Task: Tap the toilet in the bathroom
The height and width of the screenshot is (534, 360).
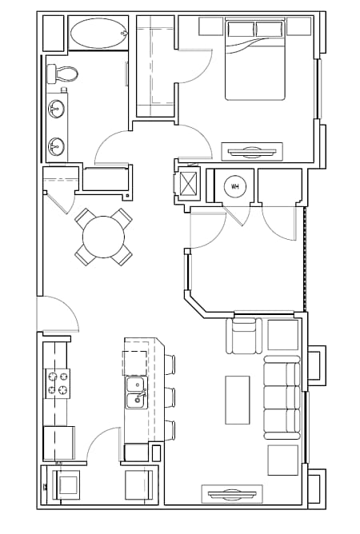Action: pyautogui.click(x=62, y=74)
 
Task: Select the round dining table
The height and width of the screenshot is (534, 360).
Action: pyautogui.click(x=104, y=237)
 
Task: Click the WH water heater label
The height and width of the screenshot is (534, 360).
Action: pyautogui.click(x=235, y=187)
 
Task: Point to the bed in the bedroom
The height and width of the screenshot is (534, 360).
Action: pyautogui.click(x=254, y=62)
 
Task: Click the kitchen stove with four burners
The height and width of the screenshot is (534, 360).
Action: pyautogui.click(x=58, y=383)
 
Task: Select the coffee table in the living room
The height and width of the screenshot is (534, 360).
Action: pyautogui.click(x=238, y=399)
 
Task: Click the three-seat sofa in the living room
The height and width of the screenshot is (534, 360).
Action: pyautogui.click(x=282, y=397)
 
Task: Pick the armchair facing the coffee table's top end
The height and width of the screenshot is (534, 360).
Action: pyautogui.click(x=245, y=336)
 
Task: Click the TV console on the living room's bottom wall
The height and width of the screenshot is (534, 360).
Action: pyautogui.click(x=235, y=493)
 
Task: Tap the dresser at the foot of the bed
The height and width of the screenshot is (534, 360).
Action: pyautogui.click(x=252, y=150)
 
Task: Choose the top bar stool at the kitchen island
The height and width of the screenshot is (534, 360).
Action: pyautogui.click(x=169, y=364)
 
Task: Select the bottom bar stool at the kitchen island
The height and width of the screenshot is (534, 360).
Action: pyautogui.click(x=169, y=429)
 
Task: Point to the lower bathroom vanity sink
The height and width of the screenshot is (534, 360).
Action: pyautogui.click(x=56, y=146)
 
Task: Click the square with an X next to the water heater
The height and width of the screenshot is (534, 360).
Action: pyautogui.click(x=190, y=182)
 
